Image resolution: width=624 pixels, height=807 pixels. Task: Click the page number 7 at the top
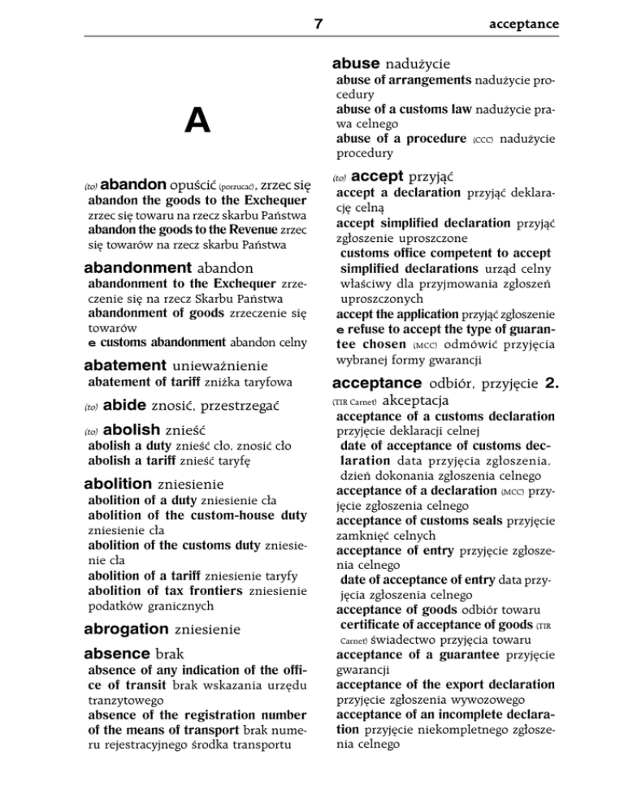(318, 24)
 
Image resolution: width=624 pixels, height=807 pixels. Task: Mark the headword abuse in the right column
(359, 63)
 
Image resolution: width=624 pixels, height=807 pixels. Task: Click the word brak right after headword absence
(171, 653)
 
